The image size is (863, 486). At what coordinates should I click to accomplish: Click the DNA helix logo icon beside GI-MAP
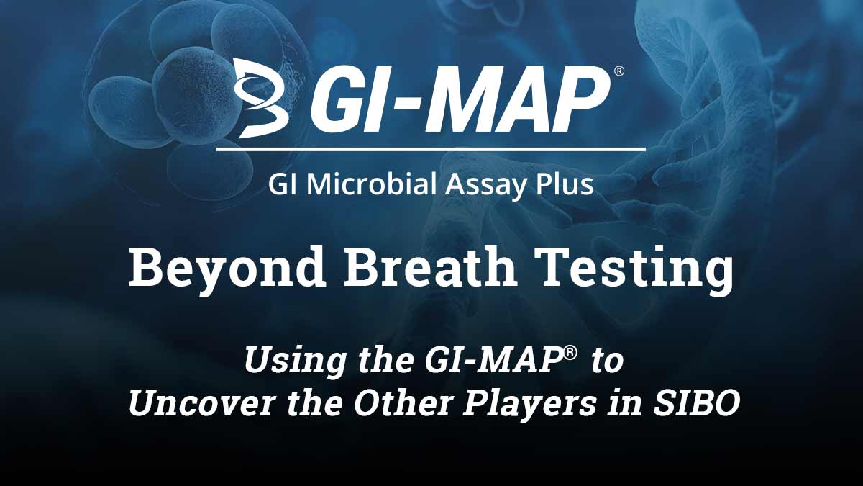tap(261, 99)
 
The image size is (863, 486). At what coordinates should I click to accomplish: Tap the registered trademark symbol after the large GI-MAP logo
tap(618, 71)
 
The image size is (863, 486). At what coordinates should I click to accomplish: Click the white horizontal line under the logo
tap(431, 148)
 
